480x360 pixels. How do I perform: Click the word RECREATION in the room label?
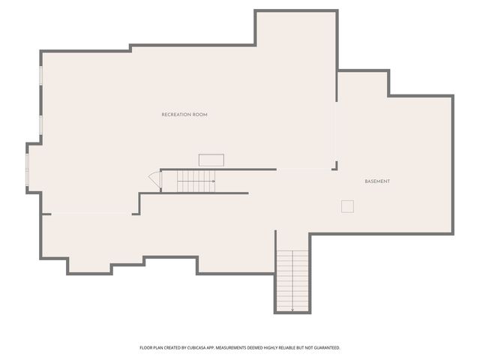click(175, 115)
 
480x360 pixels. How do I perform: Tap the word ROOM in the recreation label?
click(199, 115)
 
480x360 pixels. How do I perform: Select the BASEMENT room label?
click(377, 181)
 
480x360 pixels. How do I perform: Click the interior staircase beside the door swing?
click(196, 181)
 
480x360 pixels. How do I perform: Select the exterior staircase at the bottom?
click(292, 280)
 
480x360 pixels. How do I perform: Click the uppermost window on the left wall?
click(40, 76)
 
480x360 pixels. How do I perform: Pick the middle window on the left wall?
click(40, 124)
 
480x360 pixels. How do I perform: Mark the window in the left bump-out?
click(27, 169)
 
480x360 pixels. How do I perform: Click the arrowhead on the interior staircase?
click(213, 181)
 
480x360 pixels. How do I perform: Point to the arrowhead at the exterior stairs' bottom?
click(292, 310)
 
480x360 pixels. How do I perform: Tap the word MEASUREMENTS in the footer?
click(231, 348)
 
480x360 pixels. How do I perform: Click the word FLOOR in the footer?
click(145, 348)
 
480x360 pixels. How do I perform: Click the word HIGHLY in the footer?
click(268, 348)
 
